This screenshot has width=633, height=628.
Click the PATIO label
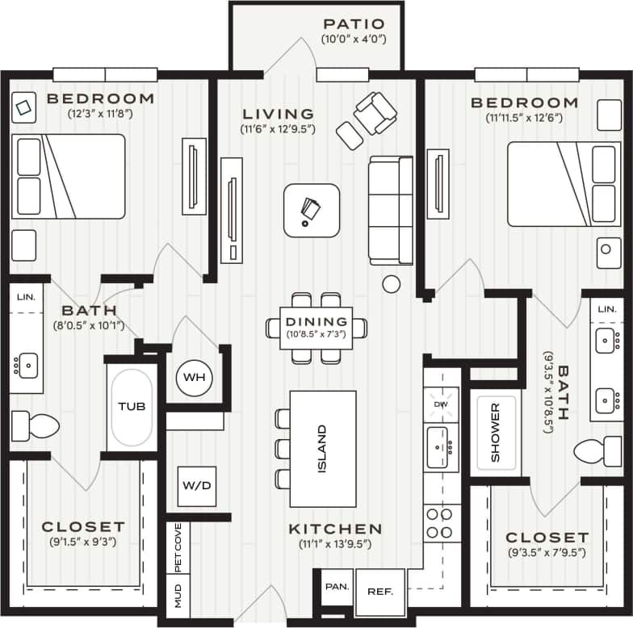coord(353,24)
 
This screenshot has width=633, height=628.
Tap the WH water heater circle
coord(194,378)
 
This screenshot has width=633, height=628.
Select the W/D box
coord(196,486)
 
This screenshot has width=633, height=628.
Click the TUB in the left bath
coord(131,407)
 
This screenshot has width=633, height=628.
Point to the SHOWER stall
coord(495,433)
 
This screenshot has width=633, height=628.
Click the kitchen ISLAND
coord(323,449)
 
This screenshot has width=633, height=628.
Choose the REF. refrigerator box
coord(380,592)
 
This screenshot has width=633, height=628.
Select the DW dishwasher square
coord(441,404)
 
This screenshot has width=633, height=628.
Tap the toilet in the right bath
coord(598,451)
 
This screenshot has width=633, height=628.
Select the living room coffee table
coord(311,210)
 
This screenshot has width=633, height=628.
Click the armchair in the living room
coord(375,113)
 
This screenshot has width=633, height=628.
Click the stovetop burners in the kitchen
coord(440,522)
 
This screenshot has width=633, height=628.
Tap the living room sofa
coord(392,210)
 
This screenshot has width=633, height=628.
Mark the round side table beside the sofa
coord(392,283)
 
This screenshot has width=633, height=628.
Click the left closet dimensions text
coord(83,542)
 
